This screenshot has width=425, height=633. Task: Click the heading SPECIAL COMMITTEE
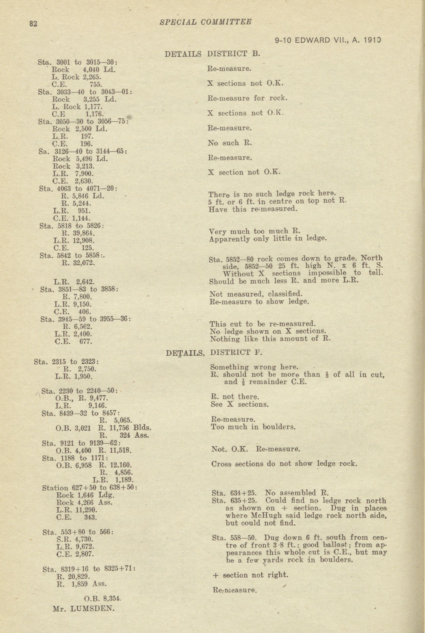[x=206, y=22]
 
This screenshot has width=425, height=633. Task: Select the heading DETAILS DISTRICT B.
[x=212, y=54]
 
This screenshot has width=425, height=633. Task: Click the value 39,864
[x=84, y=233]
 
